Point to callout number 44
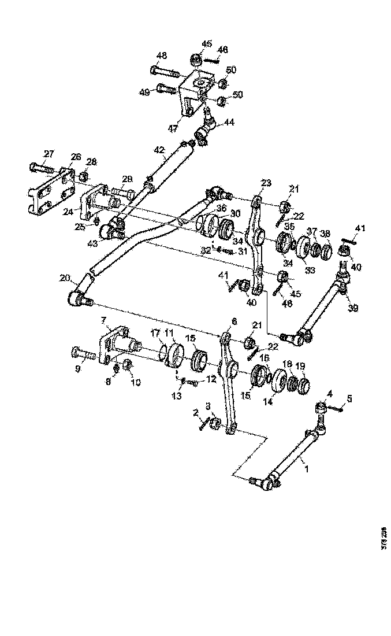[230, 122]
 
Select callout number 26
[76, 157]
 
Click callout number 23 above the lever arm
[265, 183]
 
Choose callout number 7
[103, 320]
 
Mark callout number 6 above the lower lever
[234, 320]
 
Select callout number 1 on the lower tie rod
[307, 469]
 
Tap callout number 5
[349, 398]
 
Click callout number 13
[177, 396]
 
